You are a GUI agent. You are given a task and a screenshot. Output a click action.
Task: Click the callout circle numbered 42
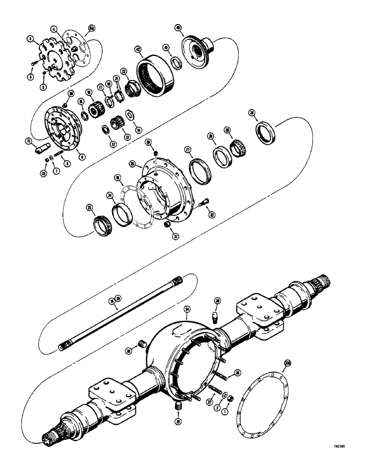point(138,49)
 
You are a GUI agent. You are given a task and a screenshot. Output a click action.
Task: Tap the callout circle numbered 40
point(191,28)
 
